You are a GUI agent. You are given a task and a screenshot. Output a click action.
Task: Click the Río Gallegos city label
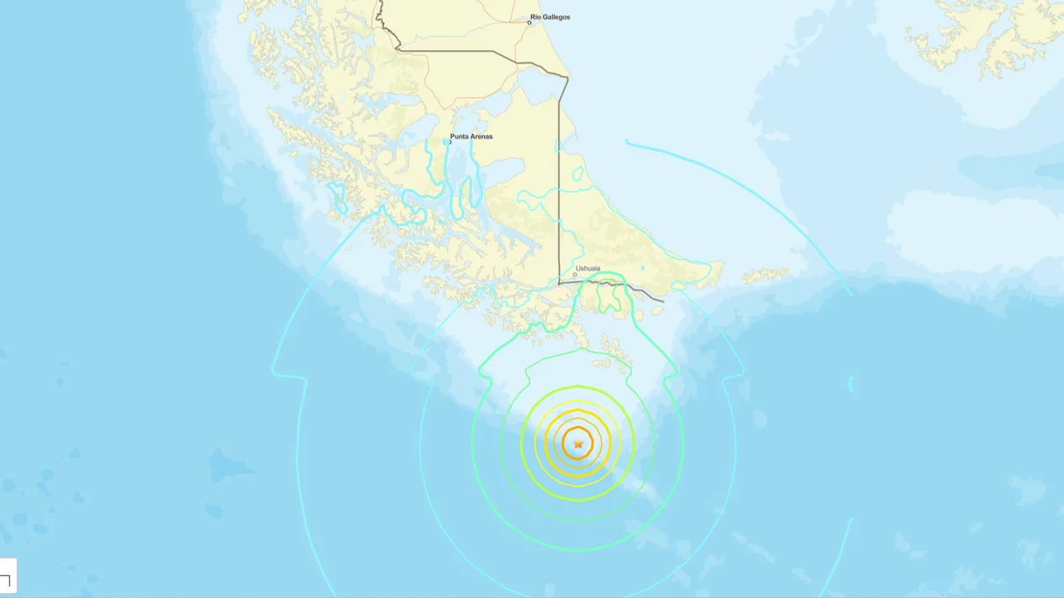tap(550, 17)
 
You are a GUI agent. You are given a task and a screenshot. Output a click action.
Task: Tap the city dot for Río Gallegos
tap(529, 23)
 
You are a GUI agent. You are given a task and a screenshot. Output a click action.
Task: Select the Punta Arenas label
tap(471, 136)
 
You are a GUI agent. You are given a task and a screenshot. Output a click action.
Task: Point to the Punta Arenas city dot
tap(450, 142)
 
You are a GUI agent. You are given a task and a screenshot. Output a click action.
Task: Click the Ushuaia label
tap(588, 269)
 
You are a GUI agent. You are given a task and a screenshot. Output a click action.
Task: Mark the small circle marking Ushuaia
tap(575, 275)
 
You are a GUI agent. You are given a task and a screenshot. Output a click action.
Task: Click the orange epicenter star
tap(578, 444)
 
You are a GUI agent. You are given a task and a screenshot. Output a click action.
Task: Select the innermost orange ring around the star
tap(578, 428)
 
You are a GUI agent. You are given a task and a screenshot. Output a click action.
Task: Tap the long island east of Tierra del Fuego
tap(765, 275)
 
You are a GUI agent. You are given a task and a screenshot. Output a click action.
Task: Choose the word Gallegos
tap(557, 17)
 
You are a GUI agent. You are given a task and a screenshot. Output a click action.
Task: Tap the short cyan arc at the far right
tap(851, 385)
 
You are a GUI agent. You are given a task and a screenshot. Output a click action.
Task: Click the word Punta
tap(459, 136)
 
